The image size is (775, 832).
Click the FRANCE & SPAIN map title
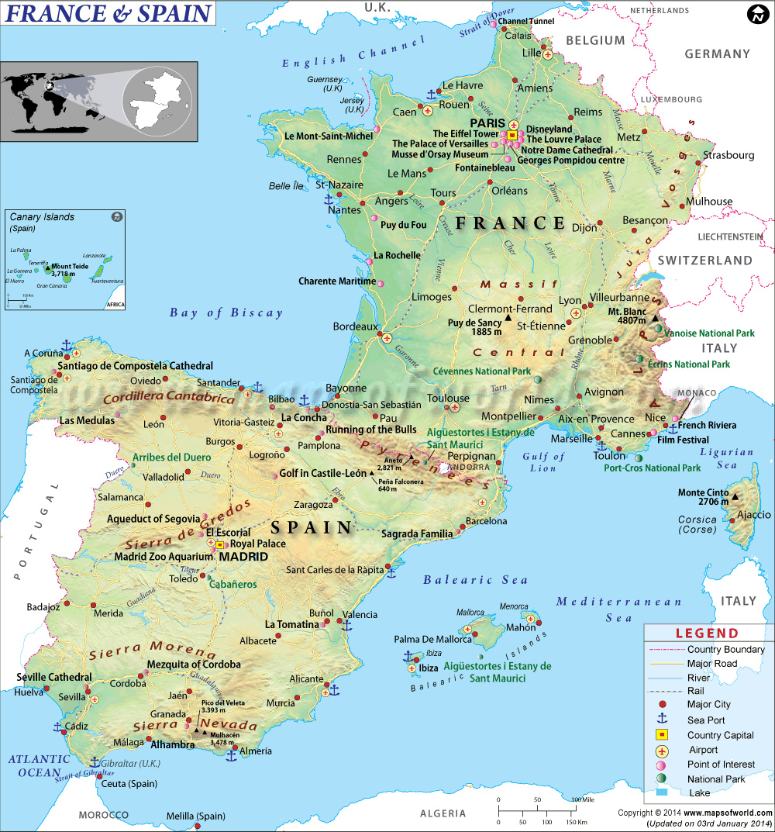[108, 14]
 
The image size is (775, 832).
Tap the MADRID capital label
[243, 557]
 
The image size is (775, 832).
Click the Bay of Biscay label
[226, 313]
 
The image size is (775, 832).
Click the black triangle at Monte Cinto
[735, 497]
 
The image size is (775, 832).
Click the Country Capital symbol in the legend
[662, 734]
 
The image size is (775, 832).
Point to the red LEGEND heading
[707, 633]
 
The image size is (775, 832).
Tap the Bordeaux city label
[355, 326]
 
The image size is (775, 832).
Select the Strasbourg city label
[728, 155]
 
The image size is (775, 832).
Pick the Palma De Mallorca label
[432, 640]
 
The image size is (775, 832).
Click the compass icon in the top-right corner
[757, 14]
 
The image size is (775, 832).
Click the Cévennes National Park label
[477, 371]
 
